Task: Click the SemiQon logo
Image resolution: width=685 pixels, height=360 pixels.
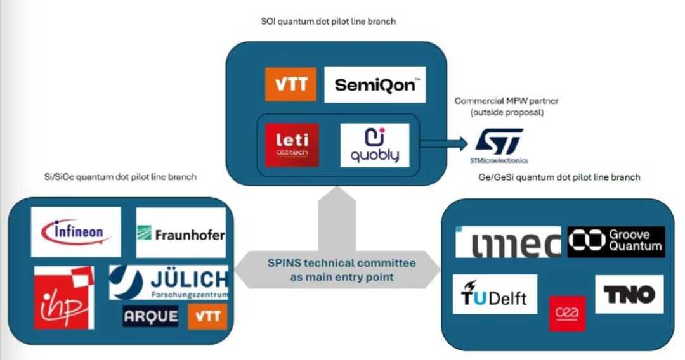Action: point(374,84)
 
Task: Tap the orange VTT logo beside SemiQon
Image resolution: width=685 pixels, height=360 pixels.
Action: point(290,84)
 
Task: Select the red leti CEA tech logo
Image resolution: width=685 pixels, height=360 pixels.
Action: point(292,145)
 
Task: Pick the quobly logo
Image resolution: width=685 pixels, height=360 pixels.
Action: point(374,145)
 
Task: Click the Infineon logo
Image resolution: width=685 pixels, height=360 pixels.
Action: point(75,232)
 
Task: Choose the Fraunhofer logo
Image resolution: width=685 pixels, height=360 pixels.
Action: point(181,233)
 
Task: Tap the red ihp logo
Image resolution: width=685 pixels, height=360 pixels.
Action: point(64,297)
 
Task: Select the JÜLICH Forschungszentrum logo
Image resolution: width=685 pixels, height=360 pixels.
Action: point(169,283)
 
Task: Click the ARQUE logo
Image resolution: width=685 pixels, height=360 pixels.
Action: point(150,316)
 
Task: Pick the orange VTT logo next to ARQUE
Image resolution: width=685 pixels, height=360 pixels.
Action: point(207,316)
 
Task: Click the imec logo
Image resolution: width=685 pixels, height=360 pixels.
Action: point(508,242)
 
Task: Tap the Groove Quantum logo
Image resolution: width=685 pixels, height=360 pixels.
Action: point(616,241)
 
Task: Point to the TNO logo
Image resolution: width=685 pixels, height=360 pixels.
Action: point(629,294)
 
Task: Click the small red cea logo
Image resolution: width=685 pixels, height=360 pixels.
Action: point(567,313)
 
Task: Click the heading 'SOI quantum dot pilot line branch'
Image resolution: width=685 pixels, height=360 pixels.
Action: point(329,22)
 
